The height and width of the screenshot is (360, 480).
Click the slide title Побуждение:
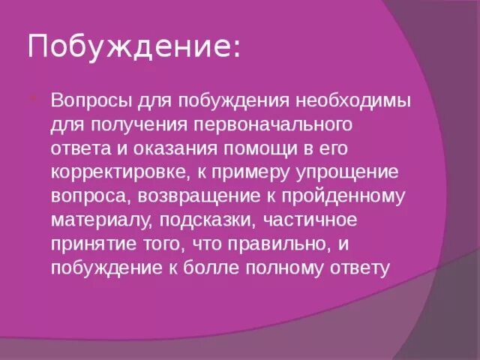tap(134, 47)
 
